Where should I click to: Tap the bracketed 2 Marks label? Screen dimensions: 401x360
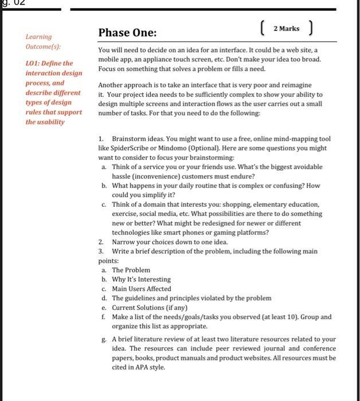[286, 29]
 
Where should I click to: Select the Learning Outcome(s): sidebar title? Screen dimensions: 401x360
[43, 41]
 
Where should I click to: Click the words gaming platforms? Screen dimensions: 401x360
[240, 232]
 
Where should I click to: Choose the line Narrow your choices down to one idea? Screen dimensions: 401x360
[170, 242]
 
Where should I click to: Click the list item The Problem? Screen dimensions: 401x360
[131, 270]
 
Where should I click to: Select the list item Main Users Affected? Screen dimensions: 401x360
[141, 289]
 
